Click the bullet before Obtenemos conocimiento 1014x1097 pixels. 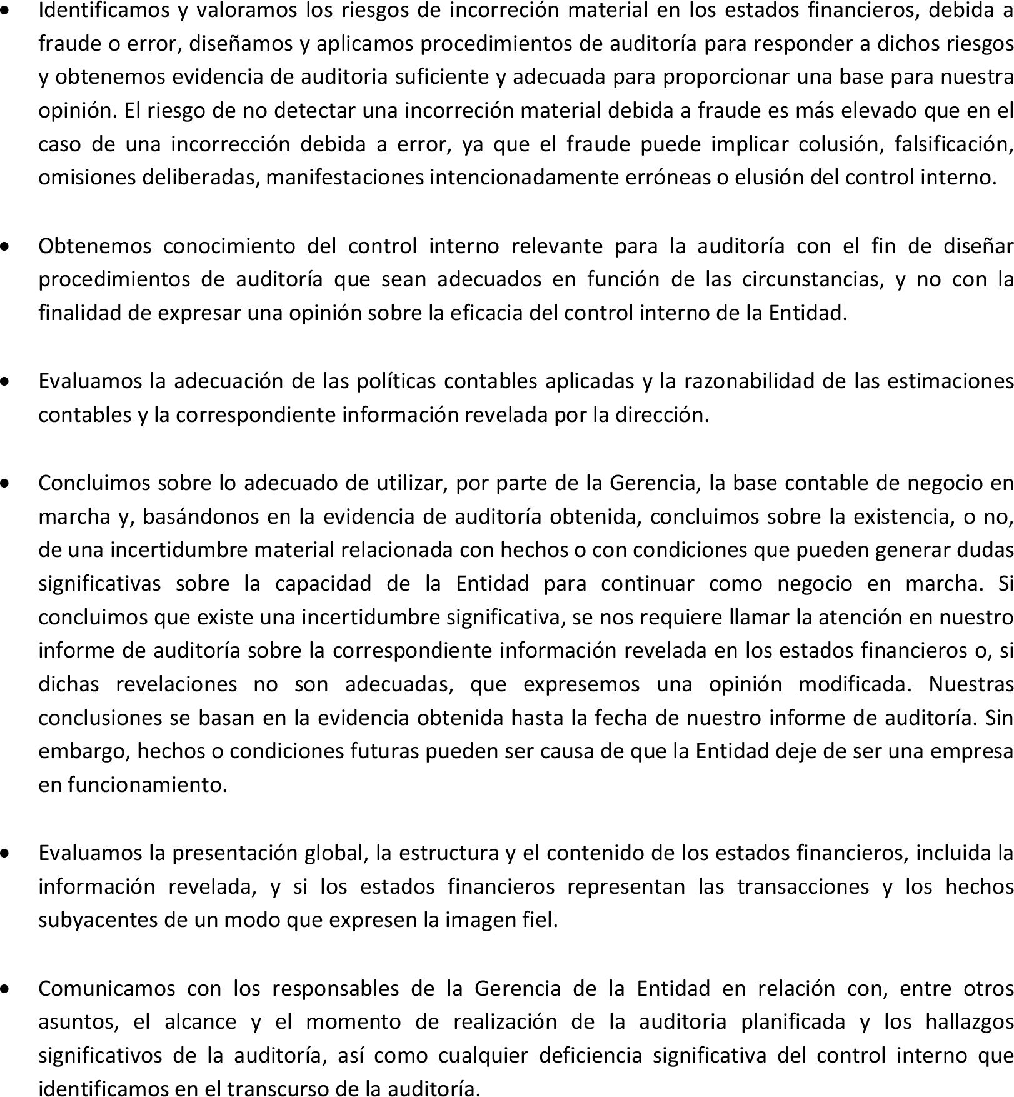pyautogui.click(x=6, y=247)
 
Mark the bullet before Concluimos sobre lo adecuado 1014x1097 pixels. pyautogui.click(x=6, y=484)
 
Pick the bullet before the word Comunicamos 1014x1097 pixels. pyautogui.click(x=6, y=989)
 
